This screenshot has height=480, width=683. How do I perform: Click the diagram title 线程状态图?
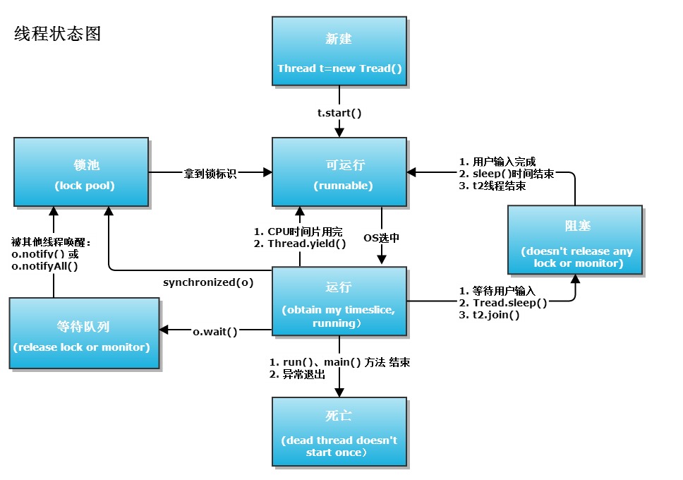tap(58, 34)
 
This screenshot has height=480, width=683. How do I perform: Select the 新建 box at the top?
tap(339, 52)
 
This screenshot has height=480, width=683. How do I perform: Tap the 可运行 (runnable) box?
tap(339, 172)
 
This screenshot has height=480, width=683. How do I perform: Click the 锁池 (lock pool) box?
tap(81, 172)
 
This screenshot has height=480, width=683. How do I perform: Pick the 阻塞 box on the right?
tap(574, 239)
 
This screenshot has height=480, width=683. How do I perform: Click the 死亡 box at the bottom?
tap(339, 431)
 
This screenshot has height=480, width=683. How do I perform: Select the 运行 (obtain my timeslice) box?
tap(339, 301)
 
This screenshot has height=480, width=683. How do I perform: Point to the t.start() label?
tap(339, 112)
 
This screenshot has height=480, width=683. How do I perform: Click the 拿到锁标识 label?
tap(211, 173)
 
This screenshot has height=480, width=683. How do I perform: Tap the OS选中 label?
tap(381, 238)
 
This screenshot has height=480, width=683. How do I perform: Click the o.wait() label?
tap(215, 330)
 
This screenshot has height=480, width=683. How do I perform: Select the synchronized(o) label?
tap(208, 282)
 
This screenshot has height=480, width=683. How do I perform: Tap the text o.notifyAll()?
tap(44, 266)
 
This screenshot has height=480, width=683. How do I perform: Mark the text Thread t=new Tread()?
tap(339, 68)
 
